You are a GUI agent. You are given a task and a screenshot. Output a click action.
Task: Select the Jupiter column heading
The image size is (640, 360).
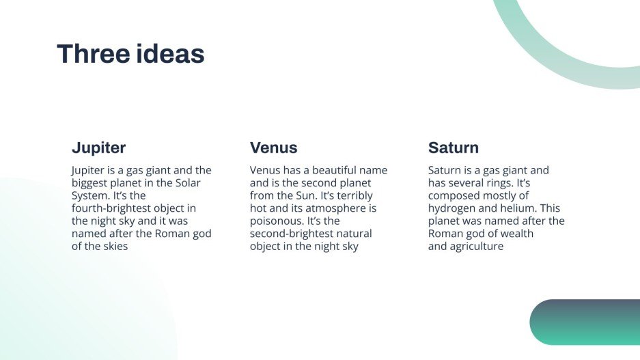click(99, 148)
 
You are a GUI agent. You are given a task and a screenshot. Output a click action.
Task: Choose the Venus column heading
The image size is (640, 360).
click(273, 148)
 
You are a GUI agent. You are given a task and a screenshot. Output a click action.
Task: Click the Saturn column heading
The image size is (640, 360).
click(454, 148)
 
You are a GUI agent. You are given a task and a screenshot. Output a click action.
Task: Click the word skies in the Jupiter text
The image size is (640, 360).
click(113, 247)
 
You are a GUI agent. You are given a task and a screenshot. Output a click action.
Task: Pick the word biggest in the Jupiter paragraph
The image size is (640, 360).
click(91, 183)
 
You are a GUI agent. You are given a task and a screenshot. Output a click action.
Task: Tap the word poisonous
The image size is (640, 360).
click(277, 221)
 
